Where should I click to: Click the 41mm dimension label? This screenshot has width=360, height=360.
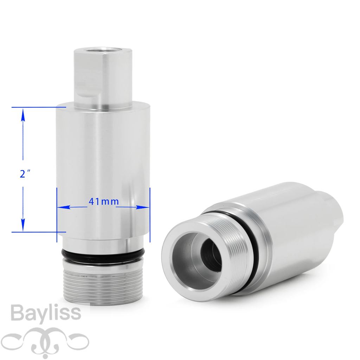[x=104, y=201]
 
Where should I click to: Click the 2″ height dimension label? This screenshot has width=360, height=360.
[x=25, y=174]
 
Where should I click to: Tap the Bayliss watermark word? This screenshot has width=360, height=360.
[x=46, y=313]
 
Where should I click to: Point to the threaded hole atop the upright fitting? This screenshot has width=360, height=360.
[x=103, y=50]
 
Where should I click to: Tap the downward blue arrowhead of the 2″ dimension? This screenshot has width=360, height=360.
[x=23, y=225]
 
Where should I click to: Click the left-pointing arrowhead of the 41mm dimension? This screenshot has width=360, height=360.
[x=64, y=207]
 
